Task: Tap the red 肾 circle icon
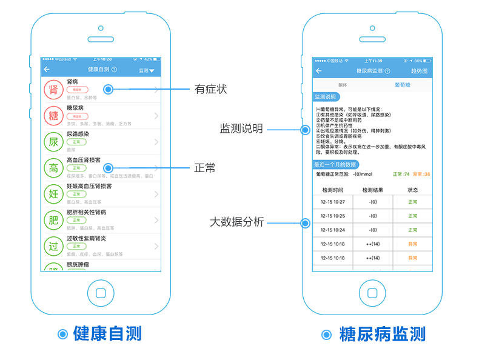pyautogui.click(x=53, y=90)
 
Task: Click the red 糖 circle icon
pyautogui.click(x=53, y=116)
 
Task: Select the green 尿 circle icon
pyautogui.click(x=53, y=142)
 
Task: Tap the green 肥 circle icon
pyautogui.click(x=53, y=220)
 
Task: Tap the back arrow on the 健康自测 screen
pyautogui.click(x=47, y=70)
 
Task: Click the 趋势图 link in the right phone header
pyautogui.click(x=419, y=71)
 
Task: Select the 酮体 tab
pyautogui.click(x=343, y=85)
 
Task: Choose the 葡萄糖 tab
pyautogui.click(x=403, y=85)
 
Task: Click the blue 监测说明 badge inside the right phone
pyautogui.click(x=326, y=97)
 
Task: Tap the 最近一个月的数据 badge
pyautogui.click(x=335, y=165)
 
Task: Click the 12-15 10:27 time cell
pyautogui.click(x=332, y=202)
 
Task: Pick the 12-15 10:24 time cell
pyautogui.click(x=332, y=230)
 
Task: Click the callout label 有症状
pyautogui.click(x=210, y=89)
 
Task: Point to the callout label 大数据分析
pyautogui.click(x=236, y=222)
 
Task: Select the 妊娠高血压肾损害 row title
pyautogui.click(x=89, y=186)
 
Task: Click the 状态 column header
pyautogui.click(x=413, y=190)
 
